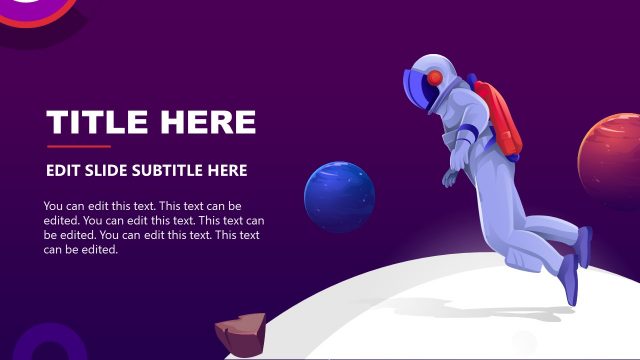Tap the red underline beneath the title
click(x=78, y=146)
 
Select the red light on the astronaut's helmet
click(x=436, y=77)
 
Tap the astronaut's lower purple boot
click(x=569, y=279)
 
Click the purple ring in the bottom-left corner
click(x=40, y=345)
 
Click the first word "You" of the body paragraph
click(x=54, y=206)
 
